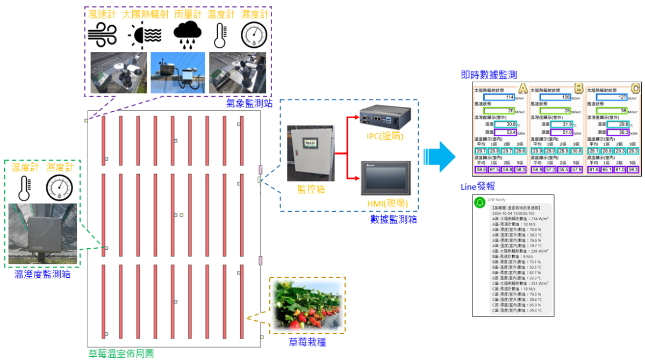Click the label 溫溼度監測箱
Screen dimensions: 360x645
tap(42, 275)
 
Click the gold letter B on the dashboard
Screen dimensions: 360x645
tap(579, 88)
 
